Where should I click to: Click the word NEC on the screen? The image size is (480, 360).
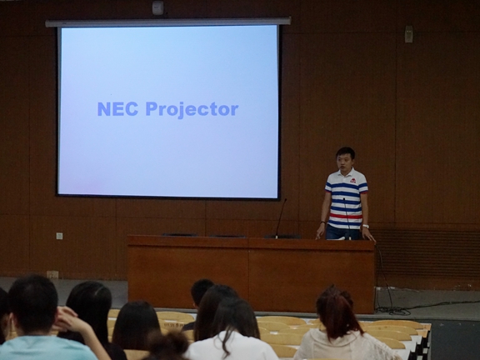click(x=117, y=109)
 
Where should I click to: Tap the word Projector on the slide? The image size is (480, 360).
click(x=192, y=110)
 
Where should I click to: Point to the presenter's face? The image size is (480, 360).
click(x=344, y=162)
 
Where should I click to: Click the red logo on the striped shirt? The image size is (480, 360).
click(x=353, y=181)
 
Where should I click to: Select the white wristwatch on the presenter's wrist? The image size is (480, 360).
click(x=365, y=226)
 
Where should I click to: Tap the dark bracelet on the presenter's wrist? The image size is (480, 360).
click(x=322, y=222)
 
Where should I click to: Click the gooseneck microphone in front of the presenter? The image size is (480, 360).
click(x=347, y=218)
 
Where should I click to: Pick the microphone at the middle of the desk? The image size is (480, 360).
click(x=281, y=217)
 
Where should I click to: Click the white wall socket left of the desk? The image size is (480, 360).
click(x=59, y=236)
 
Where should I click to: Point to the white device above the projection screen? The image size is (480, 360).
click(x=157, y=7)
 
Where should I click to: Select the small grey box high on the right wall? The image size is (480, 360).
click(x=408, y=34)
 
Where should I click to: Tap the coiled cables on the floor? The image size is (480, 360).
click(x=393, y=310)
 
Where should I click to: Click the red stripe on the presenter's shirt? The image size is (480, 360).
click(x=346, y=216)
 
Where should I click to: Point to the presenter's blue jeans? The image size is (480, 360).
click(x=342, y=232)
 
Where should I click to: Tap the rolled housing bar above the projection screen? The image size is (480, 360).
click(x=168, y=22)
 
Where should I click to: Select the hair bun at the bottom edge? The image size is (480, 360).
click(x=167, y=346)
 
